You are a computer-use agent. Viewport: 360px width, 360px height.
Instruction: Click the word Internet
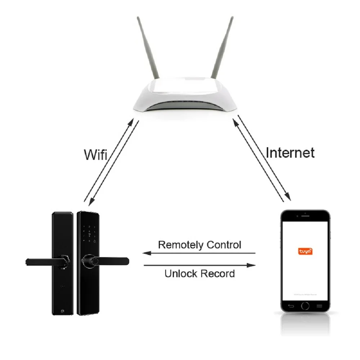pos(290,153)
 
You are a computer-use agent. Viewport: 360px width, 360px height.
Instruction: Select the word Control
pos(224,245)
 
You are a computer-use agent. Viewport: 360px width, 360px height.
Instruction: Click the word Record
pos(217,274)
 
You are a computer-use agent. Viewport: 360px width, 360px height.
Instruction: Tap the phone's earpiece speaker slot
pos(305,217)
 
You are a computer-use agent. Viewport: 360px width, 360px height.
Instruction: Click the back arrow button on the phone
pos(291,306)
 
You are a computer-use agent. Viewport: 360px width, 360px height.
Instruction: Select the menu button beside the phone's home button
pos(319,306)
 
